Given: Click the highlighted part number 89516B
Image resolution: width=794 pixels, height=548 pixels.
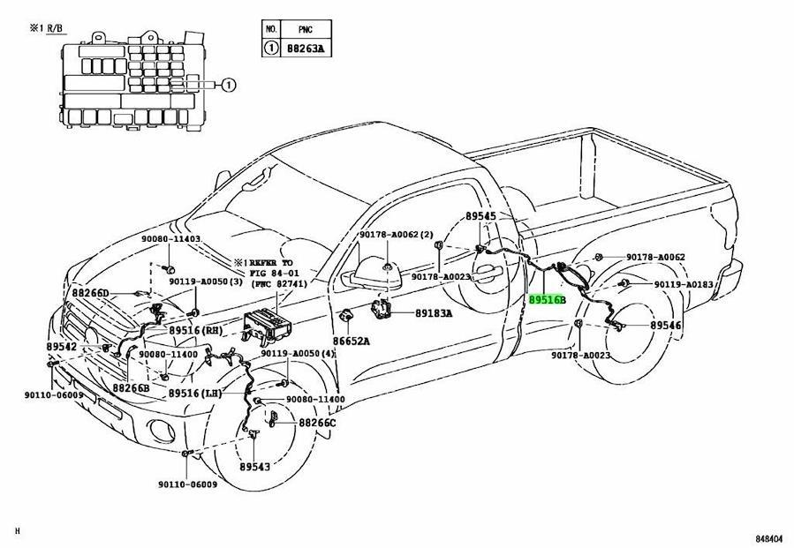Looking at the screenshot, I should click(548, 300).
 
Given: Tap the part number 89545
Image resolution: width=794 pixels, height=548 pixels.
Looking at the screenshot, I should click(481, 216).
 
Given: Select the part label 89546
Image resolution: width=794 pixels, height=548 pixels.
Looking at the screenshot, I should click(666, 326).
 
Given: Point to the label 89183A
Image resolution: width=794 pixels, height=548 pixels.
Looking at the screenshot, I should click(434, 313).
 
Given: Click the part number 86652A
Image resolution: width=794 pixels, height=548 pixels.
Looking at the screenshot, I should click(352, 341).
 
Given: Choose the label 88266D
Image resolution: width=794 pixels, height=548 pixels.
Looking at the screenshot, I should click(90, 293).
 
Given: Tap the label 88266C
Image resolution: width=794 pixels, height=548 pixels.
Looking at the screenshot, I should click(317, 423).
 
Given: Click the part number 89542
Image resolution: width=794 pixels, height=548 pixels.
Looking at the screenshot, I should click(63, 347).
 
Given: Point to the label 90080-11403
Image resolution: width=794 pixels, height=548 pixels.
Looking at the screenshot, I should click(170, 240).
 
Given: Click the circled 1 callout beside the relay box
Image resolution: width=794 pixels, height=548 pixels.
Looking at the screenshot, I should click(228, 86).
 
